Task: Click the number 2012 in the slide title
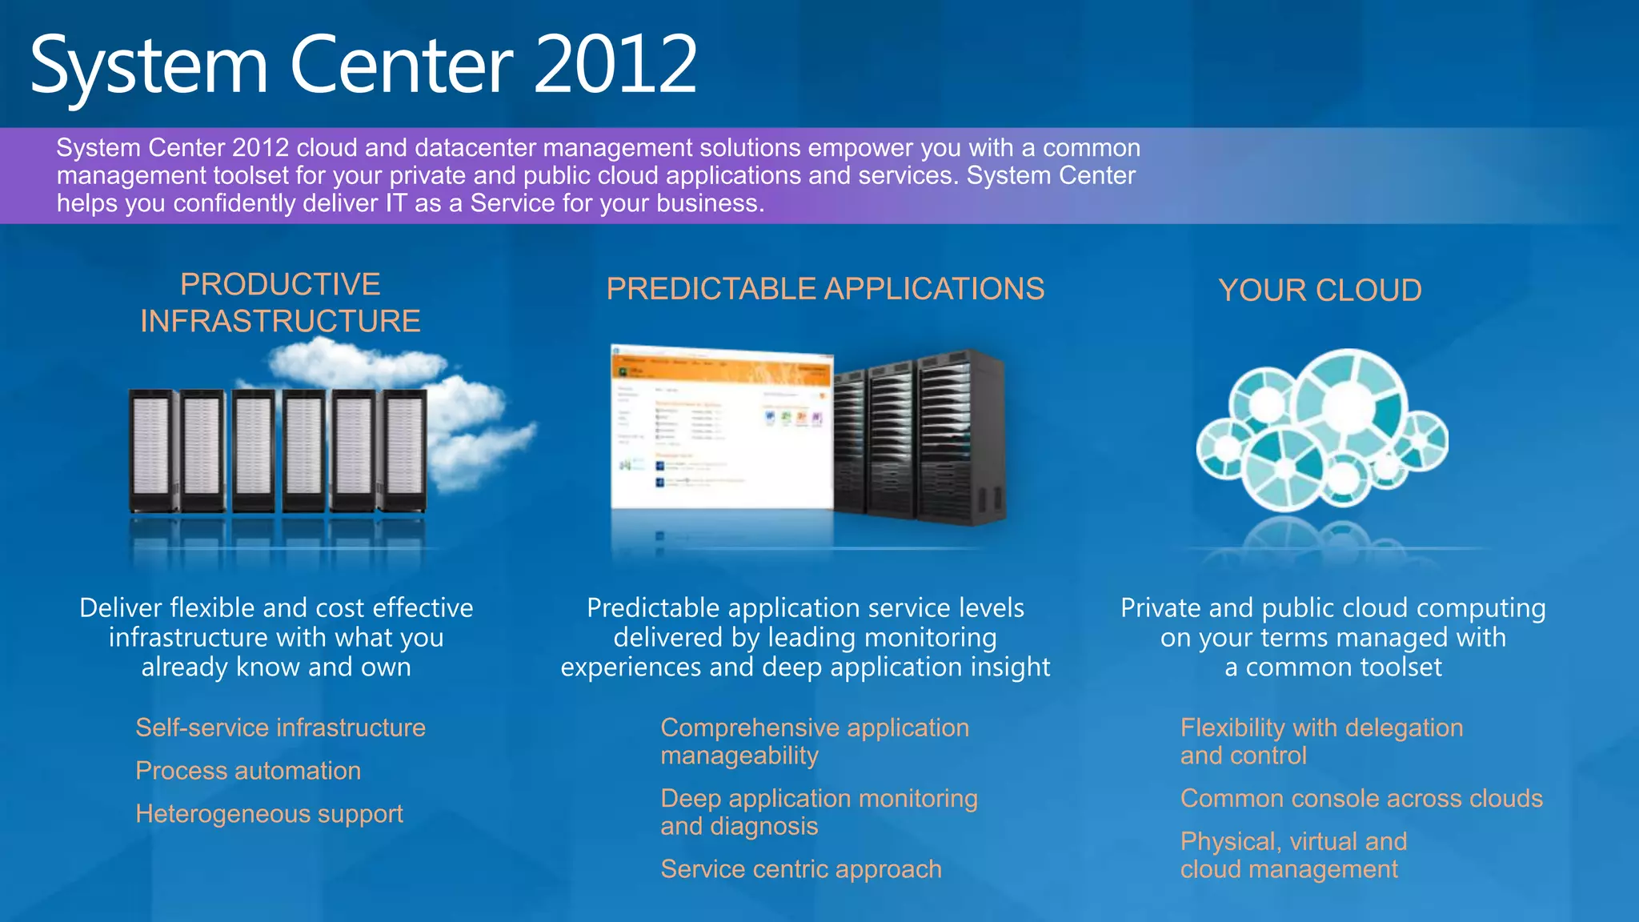[x=615, y=66]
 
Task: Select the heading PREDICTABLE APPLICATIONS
[x=825, y=289]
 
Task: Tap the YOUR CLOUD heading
[x=1320, y=291]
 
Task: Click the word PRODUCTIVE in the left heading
[x=280, y=285]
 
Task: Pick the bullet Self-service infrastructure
[x=280, y=728]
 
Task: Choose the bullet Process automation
[x=248, y=771]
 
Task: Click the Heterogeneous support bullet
[x=269, y=814]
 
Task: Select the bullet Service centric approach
[x=801, y=869]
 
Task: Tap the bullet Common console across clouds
[x=1361, y=799]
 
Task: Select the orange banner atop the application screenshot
[x=720, y=370]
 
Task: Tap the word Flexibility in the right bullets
[x=1232, y=728]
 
